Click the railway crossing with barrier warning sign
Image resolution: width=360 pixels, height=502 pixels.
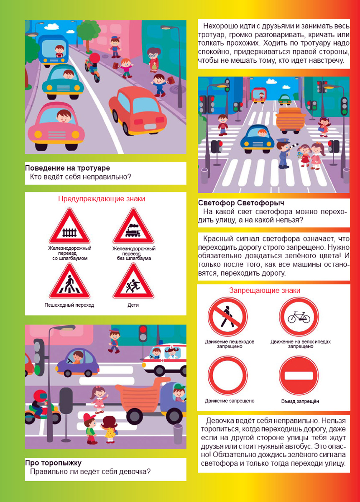[69, 226]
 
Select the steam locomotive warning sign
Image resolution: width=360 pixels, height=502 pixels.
[133, 226]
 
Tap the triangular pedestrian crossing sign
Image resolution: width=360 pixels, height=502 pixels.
[69, 281]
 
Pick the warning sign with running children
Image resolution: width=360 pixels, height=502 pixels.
[133, 281]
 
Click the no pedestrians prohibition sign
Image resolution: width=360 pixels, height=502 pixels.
[227, 317]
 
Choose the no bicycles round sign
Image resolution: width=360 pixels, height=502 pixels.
[299, 317]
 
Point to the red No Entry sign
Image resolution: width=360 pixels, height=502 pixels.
[299, 376]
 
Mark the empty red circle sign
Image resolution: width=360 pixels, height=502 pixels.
[227, 376]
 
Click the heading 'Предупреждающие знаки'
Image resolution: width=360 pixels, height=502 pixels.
[102, 199]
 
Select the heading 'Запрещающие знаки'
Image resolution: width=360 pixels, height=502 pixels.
[265, 290]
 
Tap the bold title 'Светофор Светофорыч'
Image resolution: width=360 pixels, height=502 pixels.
[241, 203]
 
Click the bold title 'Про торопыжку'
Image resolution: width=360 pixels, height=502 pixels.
[54, 463]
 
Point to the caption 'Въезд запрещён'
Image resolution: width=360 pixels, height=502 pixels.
[300, 401]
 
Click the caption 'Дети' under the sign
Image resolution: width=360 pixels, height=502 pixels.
[133, 305]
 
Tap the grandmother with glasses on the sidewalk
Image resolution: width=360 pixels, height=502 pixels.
[153, 60]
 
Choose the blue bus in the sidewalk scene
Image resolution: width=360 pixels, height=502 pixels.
[53, 51]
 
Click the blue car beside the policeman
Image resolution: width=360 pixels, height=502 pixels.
[258, 139]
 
